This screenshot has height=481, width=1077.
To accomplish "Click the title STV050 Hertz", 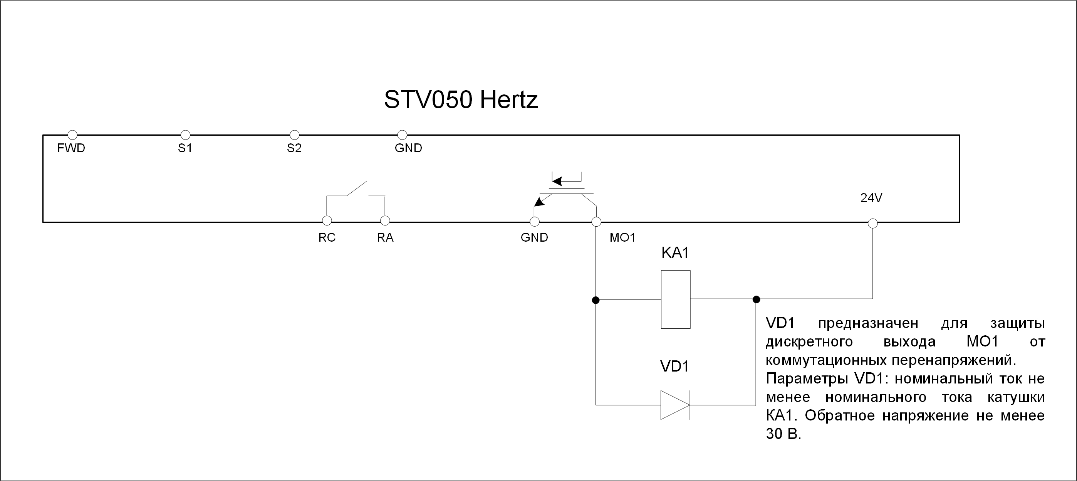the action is [461, 100].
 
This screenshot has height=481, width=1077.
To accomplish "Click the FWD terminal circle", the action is [72, 135].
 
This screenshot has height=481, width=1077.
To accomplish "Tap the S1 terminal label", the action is [185, 148].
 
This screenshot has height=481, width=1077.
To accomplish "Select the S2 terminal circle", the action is [294, 135].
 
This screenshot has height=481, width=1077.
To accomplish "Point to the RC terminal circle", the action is [327, 220].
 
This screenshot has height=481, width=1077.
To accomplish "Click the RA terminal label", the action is [385, 237].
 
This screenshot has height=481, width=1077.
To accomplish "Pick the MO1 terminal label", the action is [622, 237].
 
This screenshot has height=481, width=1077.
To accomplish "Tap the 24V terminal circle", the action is [872, 224].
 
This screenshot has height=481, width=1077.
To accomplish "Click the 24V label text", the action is [871, 198].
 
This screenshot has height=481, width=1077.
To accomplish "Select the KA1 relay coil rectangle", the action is [676, 299].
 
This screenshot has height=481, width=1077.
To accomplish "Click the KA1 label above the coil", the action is [675, 252].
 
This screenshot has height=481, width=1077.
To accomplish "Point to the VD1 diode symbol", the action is [675, 405].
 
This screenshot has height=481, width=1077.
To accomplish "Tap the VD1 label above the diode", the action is [674, 367].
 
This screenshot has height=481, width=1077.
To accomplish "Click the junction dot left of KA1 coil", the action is [596, 300].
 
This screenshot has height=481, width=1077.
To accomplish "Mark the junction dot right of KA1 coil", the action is [756, 299].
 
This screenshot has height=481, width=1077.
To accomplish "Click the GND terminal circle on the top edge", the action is [402, 135].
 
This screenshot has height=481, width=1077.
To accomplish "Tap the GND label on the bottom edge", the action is [534, 237].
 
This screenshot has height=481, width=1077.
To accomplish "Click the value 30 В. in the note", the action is [783, 434].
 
